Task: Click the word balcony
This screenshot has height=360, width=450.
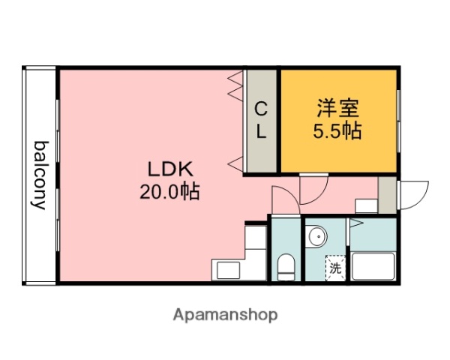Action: click(x=39, y=175)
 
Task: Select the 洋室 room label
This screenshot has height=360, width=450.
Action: click(x=337, y=108)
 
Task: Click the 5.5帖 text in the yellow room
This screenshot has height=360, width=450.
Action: click(x=337, y=131)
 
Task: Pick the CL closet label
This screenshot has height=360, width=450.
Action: click(x=260, y=121)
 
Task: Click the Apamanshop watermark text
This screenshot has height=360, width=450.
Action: click(x=225, y=314)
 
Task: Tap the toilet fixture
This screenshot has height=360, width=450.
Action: click(x=286, y=265)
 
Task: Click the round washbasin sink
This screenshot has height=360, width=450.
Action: click(x=317, y=237)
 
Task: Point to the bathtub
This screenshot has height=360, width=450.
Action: click(x=373, y=266)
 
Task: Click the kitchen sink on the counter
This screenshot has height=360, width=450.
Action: click(x=226, y=268)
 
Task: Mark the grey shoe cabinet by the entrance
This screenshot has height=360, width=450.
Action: click(x=387, y=195)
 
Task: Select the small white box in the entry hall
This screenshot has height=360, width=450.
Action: click(x=365, y=205)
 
